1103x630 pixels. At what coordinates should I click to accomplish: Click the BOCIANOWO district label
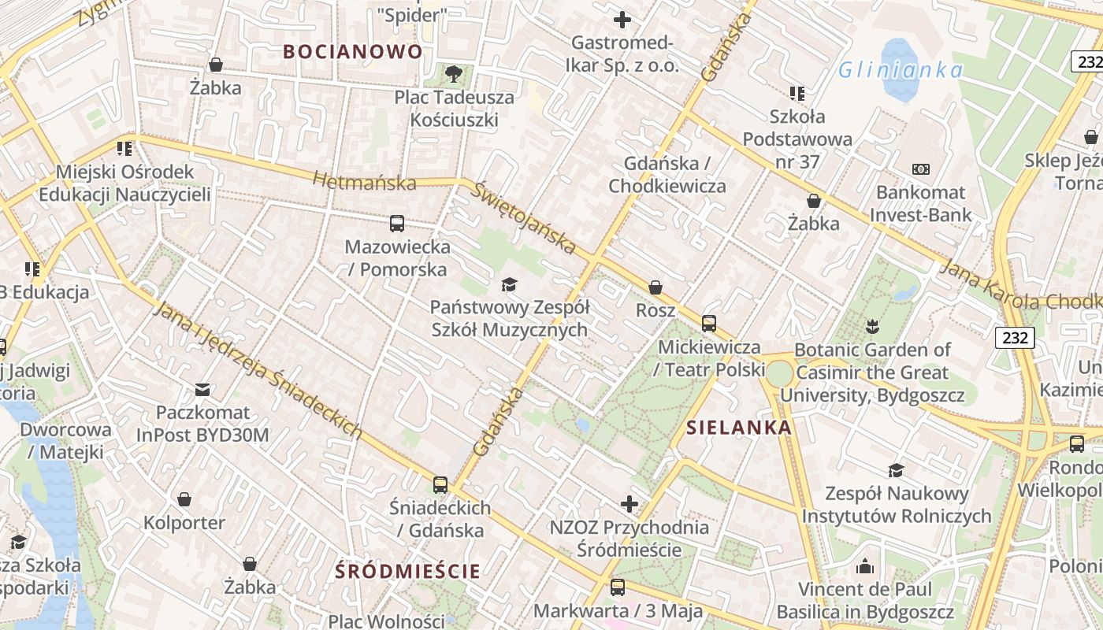pos(353,52)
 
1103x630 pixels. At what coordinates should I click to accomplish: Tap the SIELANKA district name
pos(739,428)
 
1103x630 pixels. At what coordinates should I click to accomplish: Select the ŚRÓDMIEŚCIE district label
pos(407,571)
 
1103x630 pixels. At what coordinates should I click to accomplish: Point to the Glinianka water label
pos(900,70)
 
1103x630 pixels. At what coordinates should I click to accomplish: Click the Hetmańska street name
pos(364,182)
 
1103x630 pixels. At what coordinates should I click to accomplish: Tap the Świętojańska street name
pos(525,217)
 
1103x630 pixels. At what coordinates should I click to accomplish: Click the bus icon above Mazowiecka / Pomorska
pos(397,223)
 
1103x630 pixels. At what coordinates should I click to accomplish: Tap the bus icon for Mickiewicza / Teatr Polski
pos(709,323)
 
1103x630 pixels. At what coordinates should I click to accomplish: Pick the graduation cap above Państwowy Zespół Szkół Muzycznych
pos(509,283)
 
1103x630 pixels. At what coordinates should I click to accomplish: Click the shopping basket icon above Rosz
pos(655,287)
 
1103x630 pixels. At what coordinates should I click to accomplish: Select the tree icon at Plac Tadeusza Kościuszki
pos(453,74)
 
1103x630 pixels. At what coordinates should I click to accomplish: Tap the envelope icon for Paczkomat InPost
pos(202,389)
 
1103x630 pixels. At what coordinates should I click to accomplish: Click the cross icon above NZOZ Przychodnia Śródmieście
pos(629,503)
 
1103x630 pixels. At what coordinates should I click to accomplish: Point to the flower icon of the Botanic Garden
pos(871,326)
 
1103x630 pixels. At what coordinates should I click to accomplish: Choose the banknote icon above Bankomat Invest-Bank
pos(920,169)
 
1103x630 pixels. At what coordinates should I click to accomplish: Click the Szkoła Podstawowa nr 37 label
pos(798,139)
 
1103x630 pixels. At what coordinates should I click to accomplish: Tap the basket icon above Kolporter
pos(184,499)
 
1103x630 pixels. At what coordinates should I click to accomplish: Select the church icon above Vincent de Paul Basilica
pos(865,566)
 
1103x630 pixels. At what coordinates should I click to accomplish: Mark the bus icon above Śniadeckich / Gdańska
pos(440,484)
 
